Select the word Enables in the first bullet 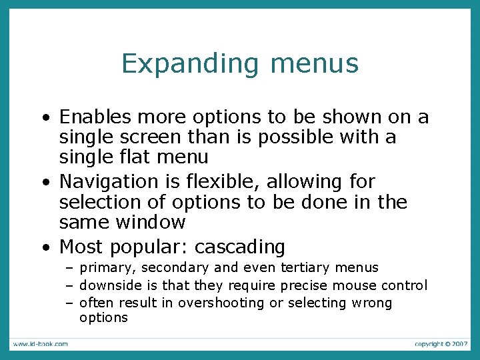pyautogui.click(x=95, y=117)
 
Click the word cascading pyautogui.click(x=239, y=247)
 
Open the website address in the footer pyautogui.click(x=39, y=344)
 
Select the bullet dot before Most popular pyautogui.click(x=45, y=248)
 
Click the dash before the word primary pyautogui.click(x=69, y=268)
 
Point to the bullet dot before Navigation pyautogui.click(x=45, y=182)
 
